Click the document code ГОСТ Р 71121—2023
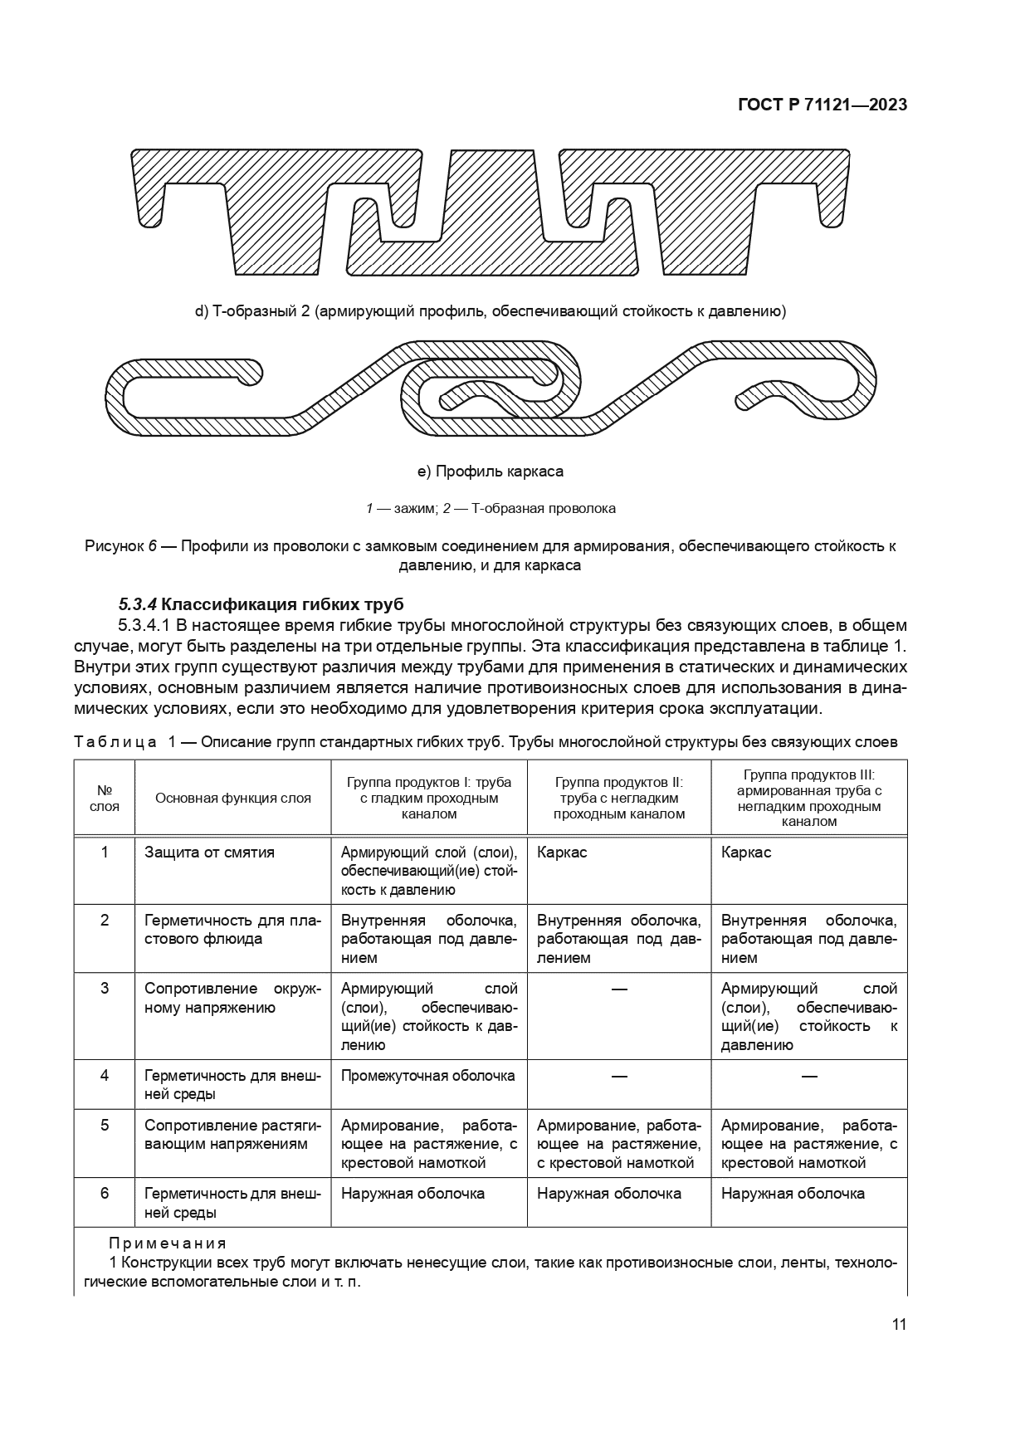point(822,105)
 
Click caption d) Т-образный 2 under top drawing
point(491,312)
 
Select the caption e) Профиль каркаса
point(491,471)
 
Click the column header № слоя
point(105,798)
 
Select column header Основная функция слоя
point(233,798)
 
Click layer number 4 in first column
point(105,1075)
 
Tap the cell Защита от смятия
point(209,853)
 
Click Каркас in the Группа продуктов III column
point(746,853)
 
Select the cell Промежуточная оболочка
point(427,1075)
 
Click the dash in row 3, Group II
point(618,989)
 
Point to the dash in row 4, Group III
point(809,1076)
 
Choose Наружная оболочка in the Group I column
point(412,1194)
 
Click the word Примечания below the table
point(168,1243)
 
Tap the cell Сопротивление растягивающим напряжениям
point(232,1134)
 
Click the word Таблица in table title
point(115,742)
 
